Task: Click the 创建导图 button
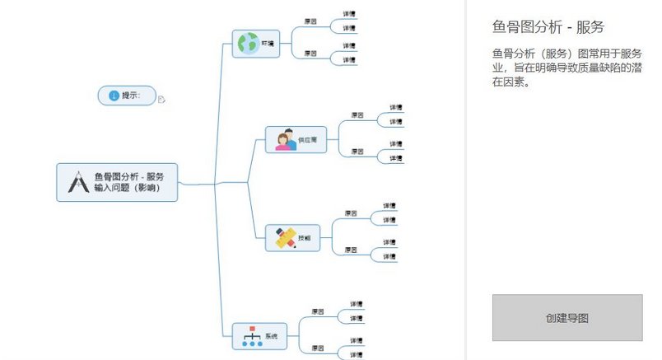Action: click(566, 317)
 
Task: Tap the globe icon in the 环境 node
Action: click(245, 44)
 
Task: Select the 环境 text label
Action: click(267, 44)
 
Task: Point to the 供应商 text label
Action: click(308, 140)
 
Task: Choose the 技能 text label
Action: click(305, 238)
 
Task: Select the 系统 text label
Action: click(270, 336)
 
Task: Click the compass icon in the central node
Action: click(77, 181)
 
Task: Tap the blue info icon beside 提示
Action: click(113, 96)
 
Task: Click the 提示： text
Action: click(131, 96)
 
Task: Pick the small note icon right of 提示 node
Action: click(161, 100)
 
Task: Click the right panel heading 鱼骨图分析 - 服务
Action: click(547, 27)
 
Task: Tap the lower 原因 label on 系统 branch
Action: click(317, 347)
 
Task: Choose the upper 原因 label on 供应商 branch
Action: click(357, 115)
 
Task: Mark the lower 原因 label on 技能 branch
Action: click(351, 249)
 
